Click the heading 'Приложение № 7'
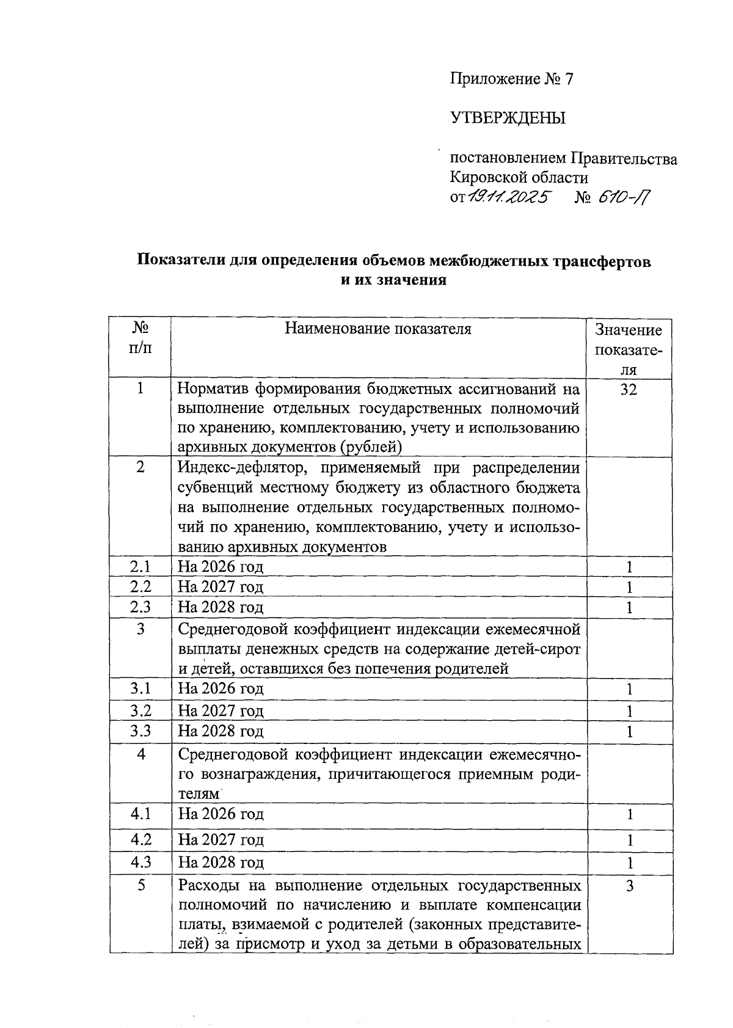(x=512, y=79)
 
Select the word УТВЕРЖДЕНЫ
(x=508, y=118)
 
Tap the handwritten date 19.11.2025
(x=509, y=198)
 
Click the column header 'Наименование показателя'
(x=378, y=329)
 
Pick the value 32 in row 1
(x=629, y=389)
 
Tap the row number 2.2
(x=140, y=587)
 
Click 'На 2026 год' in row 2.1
(x=221, y=567)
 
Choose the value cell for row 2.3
(x=629, y=608)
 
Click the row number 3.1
(x=140, y=689)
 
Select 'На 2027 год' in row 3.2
(x=221, y=710)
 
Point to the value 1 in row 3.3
(x=629, y=732)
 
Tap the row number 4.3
(x=140, y=862)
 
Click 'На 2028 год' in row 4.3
(x=221, y=862)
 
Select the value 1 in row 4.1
(x=629, y=815)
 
